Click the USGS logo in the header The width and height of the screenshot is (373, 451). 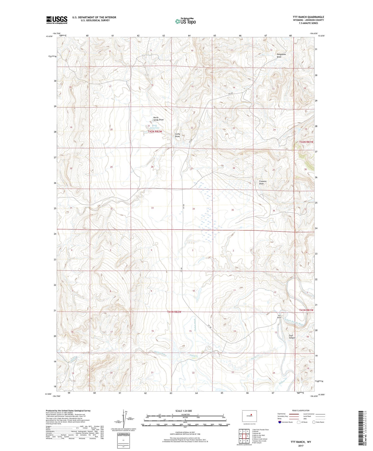coord(57,20)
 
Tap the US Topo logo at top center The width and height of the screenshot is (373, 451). coord(185,21)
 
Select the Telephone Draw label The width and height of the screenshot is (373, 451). coord(281,56)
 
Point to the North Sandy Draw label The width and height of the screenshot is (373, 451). coord(158,119)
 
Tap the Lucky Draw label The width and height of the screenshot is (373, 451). coord(177,135)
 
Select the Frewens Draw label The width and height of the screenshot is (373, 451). coord(263,182)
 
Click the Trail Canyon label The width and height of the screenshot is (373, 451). coord(292,337)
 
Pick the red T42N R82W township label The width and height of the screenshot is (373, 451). coord(155,131)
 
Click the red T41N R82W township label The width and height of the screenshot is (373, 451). coord(174,312)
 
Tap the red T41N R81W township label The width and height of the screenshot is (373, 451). coord(306,310)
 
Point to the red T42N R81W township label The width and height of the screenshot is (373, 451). coord(306,142)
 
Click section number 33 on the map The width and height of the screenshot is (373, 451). coord(152,208)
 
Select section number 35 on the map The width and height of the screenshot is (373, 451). coord(232,210)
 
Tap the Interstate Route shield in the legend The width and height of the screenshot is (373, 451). coord(280,422)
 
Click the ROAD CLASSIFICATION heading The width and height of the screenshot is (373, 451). coord(301,410)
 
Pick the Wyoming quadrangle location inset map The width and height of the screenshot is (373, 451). coord(249,416)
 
